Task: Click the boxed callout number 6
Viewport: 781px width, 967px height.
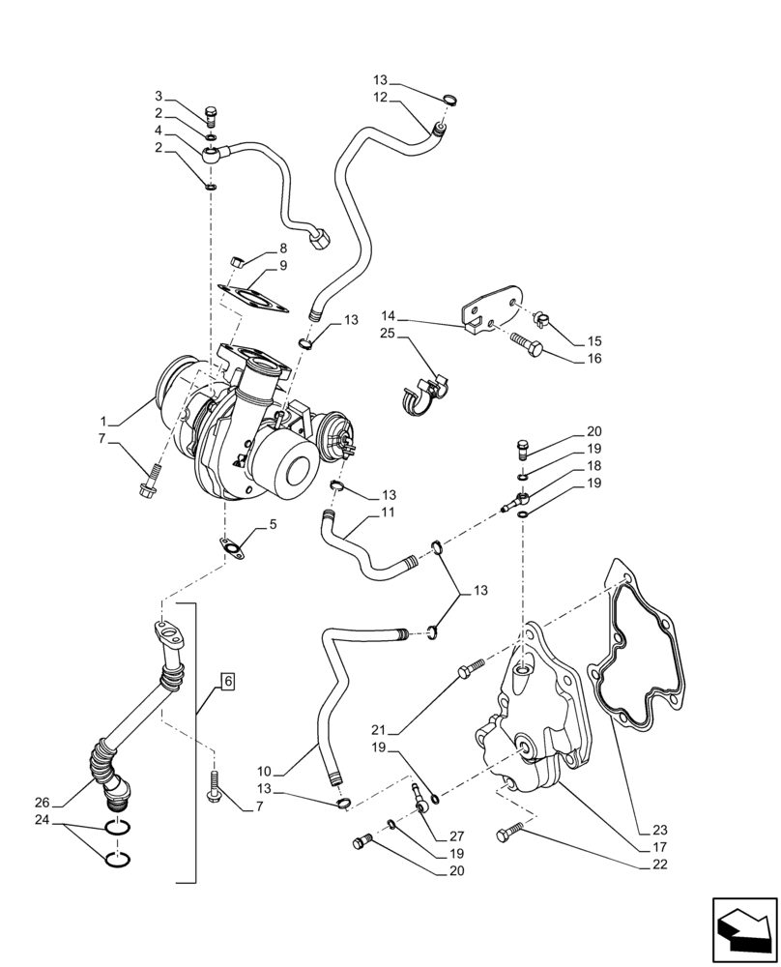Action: point(228,681)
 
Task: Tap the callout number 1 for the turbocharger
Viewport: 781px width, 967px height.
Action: point(103,423)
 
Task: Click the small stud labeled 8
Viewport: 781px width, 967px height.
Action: point(235,260)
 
